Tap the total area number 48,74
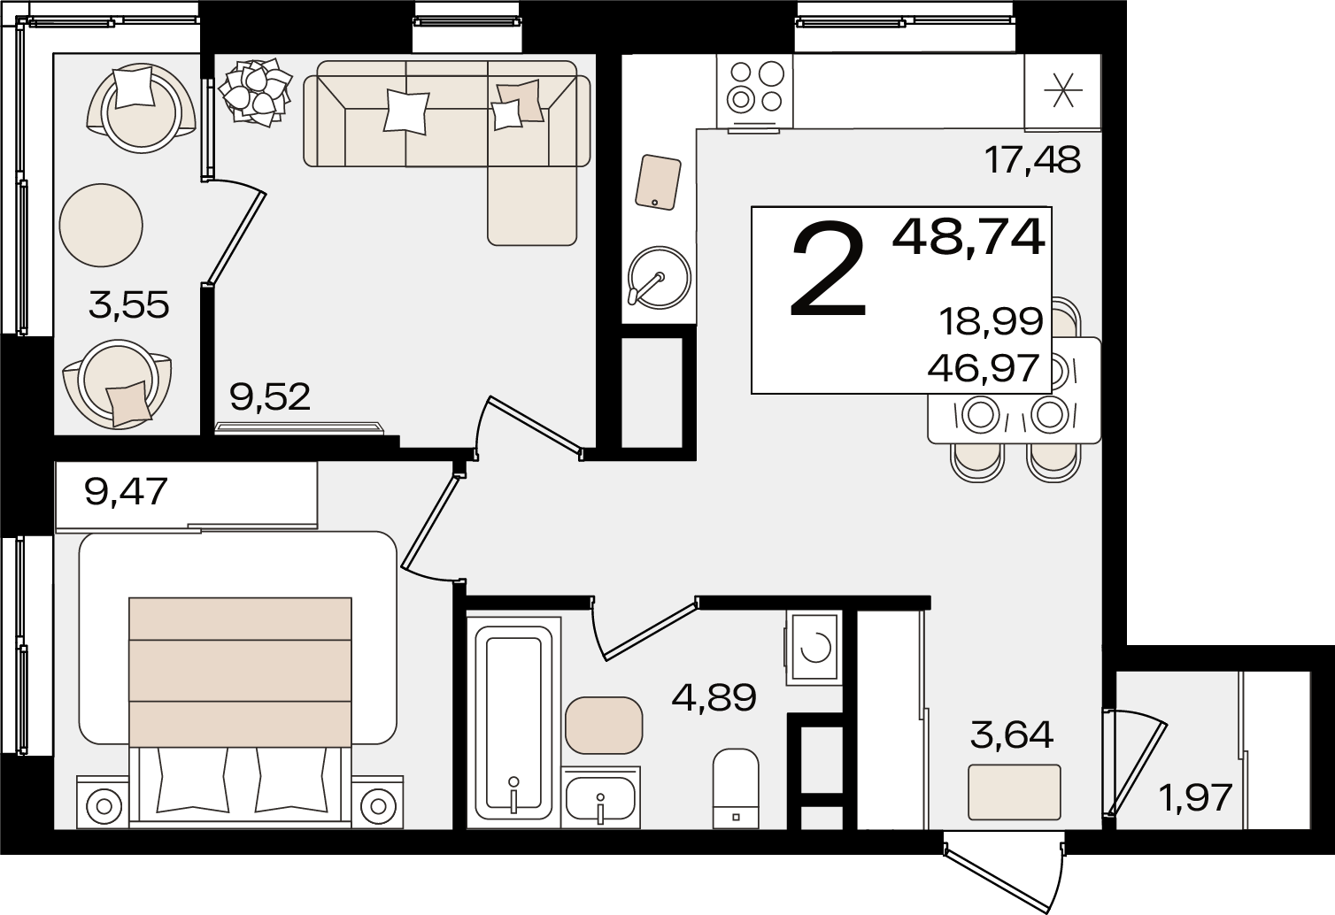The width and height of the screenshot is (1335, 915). (968, 238)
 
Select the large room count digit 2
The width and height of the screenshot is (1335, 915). (828, 268)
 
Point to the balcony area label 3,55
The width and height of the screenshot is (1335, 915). (128, 305)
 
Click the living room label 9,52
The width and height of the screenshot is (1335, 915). (270, 397)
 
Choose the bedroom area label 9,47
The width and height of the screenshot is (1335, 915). (126, 493)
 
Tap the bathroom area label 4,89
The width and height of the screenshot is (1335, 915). (714, 697)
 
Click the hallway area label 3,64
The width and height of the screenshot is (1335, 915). (1012, 735)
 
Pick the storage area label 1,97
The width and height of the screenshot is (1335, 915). (1195, 798)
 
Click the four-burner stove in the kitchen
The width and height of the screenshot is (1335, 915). (755, 91)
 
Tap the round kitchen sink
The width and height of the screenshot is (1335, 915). (660, 278)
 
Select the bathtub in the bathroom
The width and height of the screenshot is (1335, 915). (513, 723)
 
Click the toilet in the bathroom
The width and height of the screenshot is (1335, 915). (736, 788)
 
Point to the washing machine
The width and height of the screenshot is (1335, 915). (814, 648)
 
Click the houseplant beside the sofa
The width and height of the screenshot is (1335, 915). (255, 92)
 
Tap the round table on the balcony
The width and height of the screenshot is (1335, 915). (101, 225)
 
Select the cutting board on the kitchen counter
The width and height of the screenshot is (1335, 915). (658, 182)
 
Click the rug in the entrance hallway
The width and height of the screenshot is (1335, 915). (1015, 792)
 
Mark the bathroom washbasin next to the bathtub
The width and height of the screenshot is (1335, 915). (601, 797)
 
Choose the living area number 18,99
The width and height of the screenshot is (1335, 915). (992, 322)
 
